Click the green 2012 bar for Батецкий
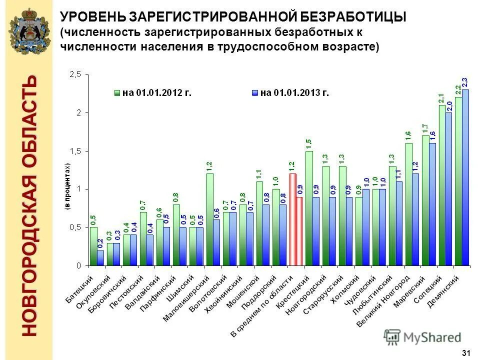tap(93, 246)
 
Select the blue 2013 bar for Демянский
tap(465, 177)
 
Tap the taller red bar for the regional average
tap(293, 219)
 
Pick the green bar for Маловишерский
tap(210, 219)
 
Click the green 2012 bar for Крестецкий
tap(309, 208)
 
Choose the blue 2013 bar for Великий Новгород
tap(415, 219)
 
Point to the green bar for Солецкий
tap(442, 185)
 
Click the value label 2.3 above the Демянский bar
tap(465, 83)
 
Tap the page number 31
tap(466, 353)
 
